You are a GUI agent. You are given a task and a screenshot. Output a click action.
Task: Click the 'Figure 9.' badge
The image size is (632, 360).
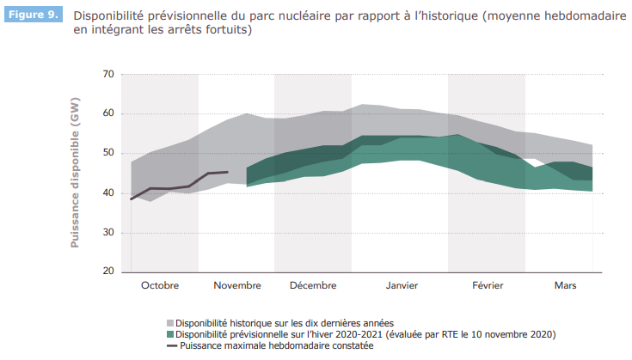(x=34, y=16)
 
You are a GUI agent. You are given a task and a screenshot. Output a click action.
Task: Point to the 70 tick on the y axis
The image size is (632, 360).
(x=107, y=74)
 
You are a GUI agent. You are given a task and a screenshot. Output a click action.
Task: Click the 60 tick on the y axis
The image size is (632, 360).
(x=107, y=113)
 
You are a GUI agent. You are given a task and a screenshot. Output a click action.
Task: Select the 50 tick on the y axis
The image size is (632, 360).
(x=107, y=153)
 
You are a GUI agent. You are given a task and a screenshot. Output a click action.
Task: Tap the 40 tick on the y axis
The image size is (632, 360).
(x=107, y=192)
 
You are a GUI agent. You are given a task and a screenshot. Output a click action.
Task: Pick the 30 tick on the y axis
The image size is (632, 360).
(x=107, y=232)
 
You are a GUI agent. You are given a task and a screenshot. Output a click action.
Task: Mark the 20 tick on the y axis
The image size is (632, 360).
(x=107, y=272)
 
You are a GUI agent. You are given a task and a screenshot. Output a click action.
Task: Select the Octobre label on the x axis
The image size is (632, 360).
(x=160, y=285)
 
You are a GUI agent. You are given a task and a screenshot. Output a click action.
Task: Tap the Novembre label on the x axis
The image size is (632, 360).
(x=236, y=285)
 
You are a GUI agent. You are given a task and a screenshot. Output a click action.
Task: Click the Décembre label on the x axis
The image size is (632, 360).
(x=312, y=285)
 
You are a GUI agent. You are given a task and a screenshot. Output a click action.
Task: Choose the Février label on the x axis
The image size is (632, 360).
(x=488, y=285)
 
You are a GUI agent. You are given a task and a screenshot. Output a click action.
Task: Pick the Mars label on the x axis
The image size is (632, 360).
(x=565, y=285)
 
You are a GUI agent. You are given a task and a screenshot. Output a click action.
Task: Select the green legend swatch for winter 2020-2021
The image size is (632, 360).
(x=169, y=334)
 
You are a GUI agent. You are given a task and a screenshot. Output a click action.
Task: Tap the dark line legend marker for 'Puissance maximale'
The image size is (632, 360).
(x=169, y=345)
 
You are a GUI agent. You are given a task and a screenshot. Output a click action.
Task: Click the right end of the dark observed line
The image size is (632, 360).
(x=228, y=172)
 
